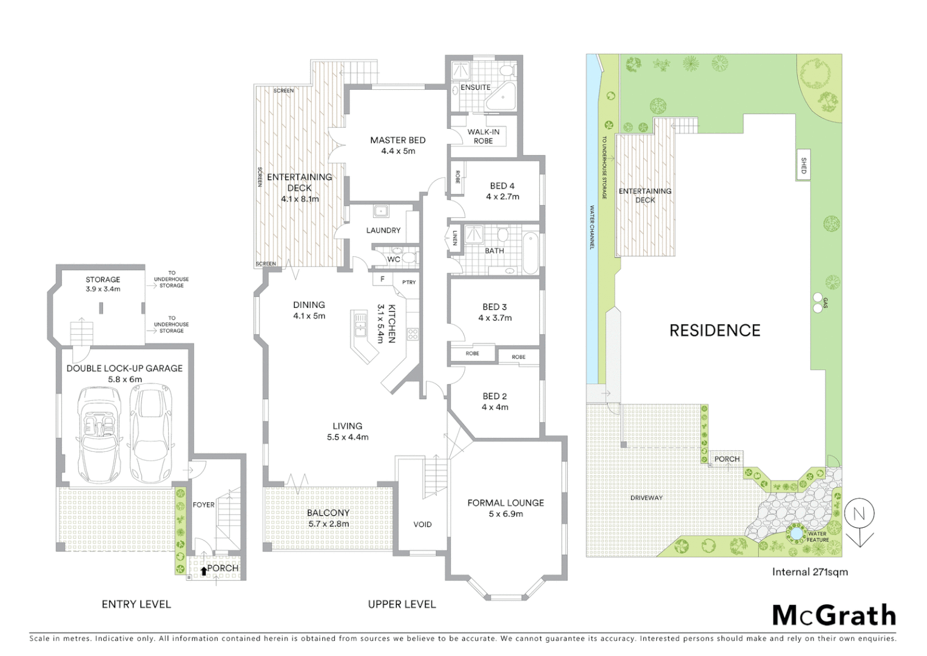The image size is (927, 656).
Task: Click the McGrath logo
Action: [x=834, y=615]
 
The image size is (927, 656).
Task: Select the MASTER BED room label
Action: [x=397, y=140]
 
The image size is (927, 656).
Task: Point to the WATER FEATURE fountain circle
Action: [x=795, y=533]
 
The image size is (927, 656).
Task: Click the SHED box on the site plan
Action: [x=803, y=165]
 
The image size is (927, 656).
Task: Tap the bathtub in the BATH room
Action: [x=530, y=252]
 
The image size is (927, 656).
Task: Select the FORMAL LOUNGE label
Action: [x=505, y=503]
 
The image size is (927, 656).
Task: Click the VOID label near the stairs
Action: [x=422, y=524]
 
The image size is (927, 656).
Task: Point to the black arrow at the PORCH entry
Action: [x=203, y=570]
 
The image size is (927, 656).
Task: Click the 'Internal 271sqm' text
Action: [x=809, y=572]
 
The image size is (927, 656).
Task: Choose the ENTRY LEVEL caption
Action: [x=136, y=604]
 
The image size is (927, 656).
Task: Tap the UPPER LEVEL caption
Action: [x=402, y=604]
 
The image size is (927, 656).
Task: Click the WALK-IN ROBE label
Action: [x=483, y=136]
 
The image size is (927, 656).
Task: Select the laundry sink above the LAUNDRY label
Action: [x=381, y=211]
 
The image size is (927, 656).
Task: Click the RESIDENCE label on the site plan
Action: [x=714, y=330]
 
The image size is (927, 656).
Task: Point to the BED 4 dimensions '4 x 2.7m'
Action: [x=502, y=197]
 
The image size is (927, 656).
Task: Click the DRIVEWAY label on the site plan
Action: [x=646, y=498]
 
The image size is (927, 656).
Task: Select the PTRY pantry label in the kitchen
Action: [x=409, y=282]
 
